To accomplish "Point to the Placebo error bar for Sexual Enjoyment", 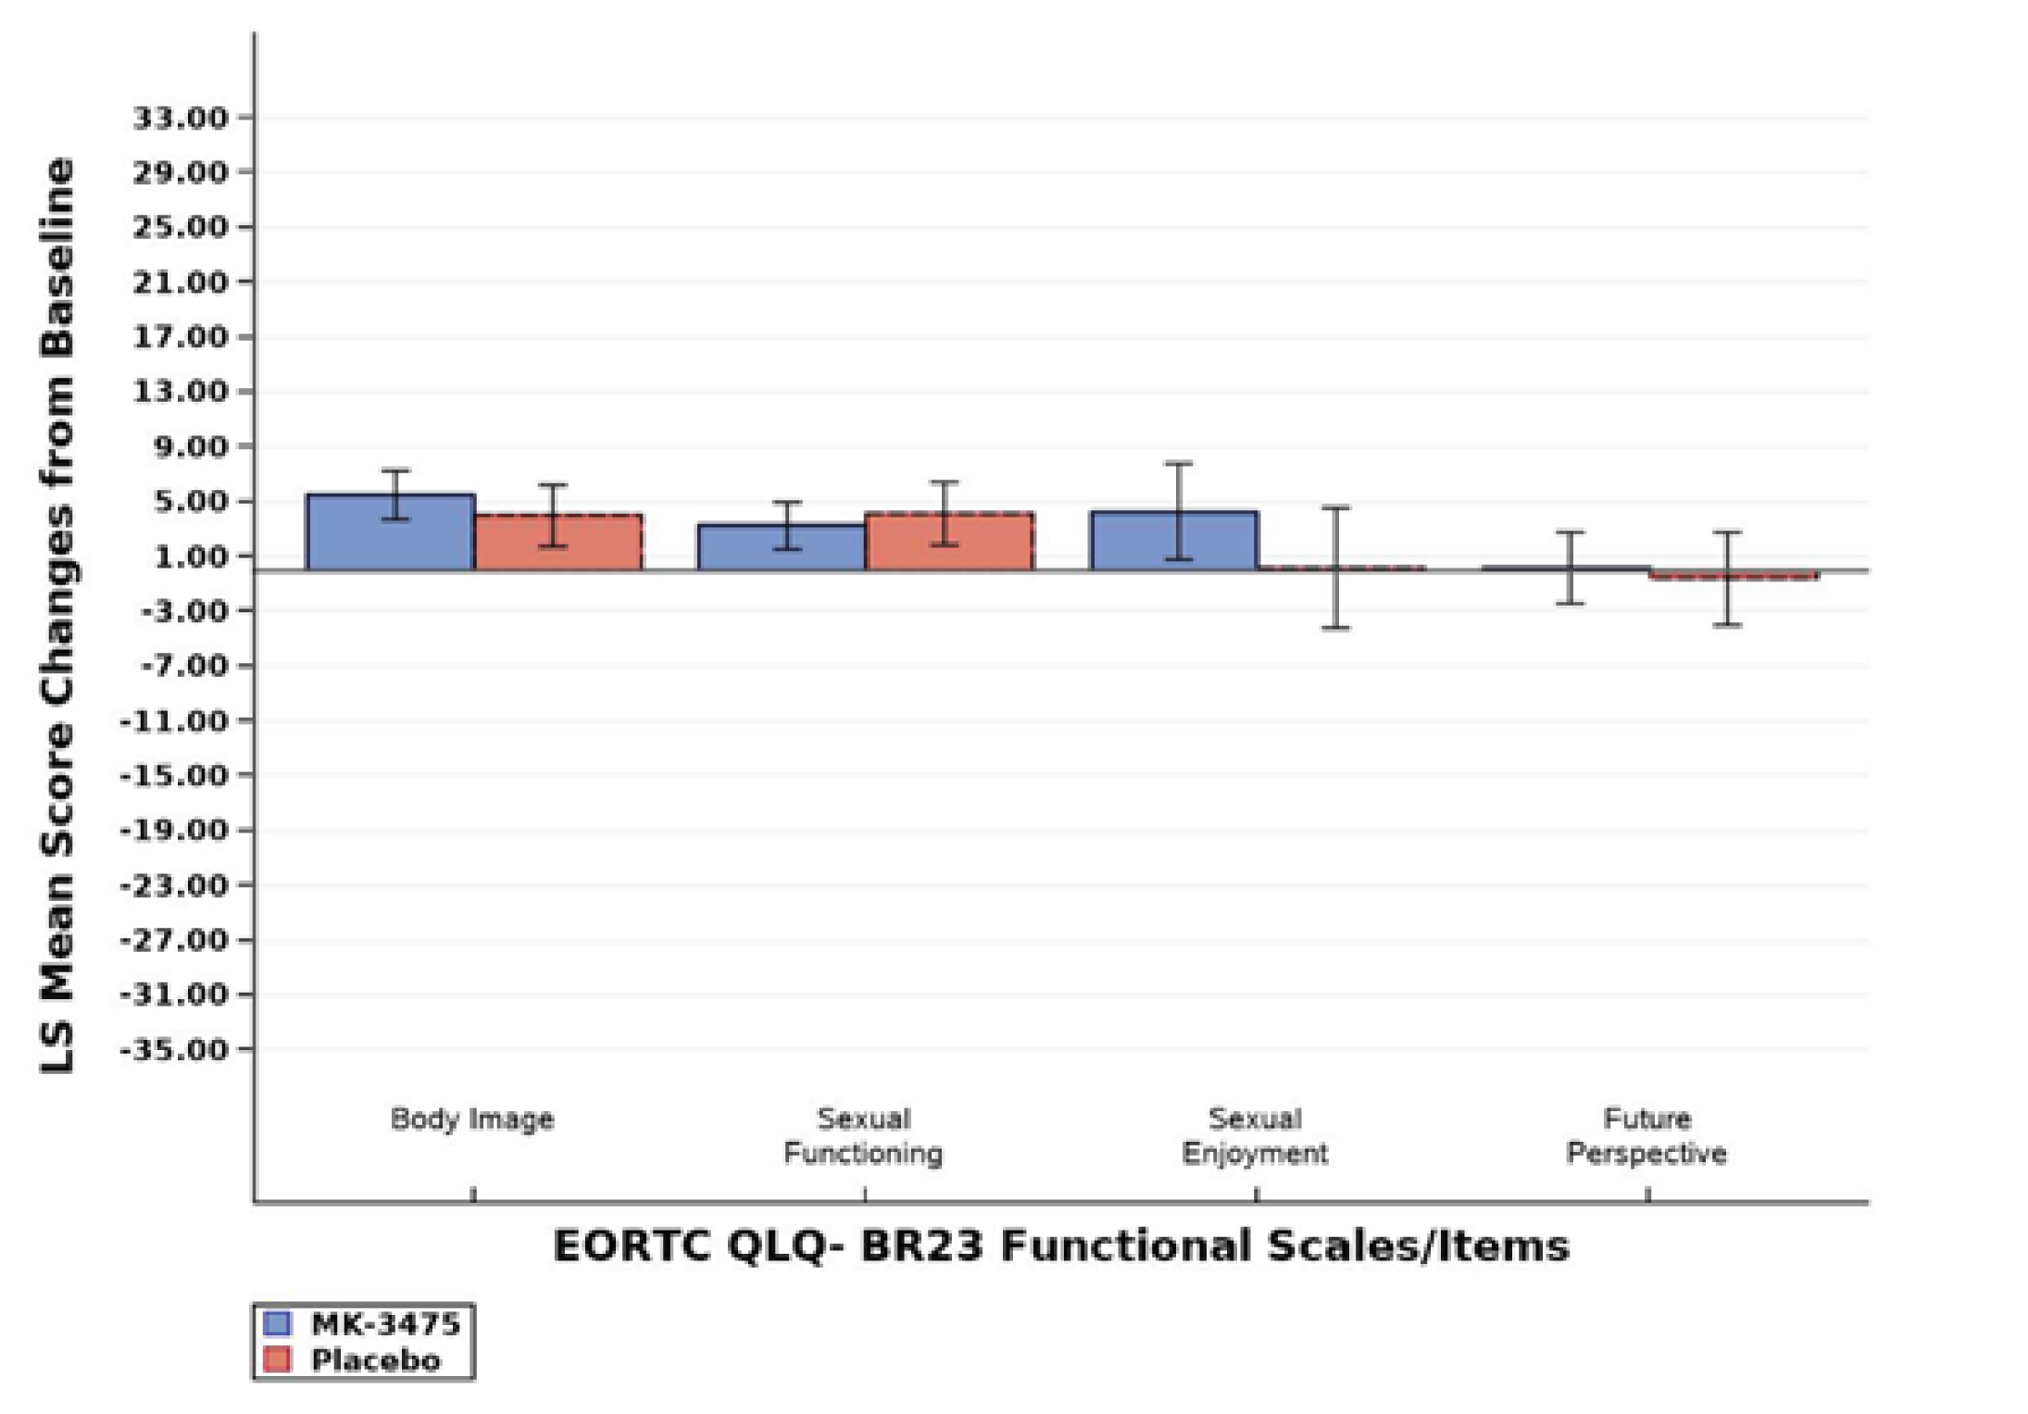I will pos(1335,568).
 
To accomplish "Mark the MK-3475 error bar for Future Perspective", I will pos(1570,568).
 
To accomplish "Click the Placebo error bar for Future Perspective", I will pos(1727,579).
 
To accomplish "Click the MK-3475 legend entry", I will pos(364,1324).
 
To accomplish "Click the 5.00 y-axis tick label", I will pos(181,502).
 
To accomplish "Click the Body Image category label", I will pos(472,1119).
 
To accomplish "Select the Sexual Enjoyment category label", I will pos(1255,1136).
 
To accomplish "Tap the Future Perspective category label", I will pos(1646,1136).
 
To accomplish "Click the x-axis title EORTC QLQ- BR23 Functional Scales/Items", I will pos(1061,1246).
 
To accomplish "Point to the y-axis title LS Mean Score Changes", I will pos(57,615).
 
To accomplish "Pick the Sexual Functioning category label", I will pos(863,1136).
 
